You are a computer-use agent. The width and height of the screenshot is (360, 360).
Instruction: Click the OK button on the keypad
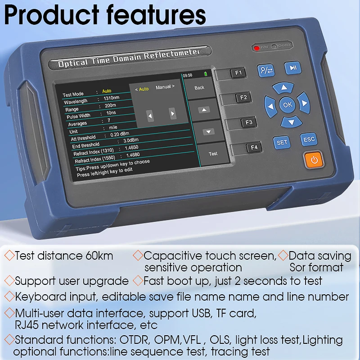click(x=287, y=105)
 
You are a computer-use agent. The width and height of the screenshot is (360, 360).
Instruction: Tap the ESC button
click(x=309, y=139)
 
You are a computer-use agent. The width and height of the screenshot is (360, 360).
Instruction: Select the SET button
click(x=282, y=142)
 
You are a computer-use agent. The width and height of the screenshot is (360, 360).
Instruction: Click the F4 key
click(x=254, y=147)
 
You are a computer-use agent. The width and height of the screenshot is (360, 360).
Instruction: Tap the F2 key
click(x=243, y=97)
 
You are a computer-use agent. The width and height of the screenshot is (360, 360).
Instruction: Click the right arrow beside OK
click(x=304, y=103)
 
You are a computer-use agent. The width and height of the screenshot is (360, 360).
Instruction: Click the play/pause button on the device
click(x=292, y=68)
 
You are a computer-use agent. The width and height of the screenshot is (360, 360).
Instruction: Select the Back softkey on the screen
click(x=199, y=88)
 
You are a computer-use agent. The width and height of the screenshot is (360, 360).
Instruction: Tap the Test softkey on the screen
click(x=213, y=153)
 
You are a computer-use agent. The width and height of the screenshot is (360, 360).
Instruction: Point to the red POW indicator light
click(x=256, y=47)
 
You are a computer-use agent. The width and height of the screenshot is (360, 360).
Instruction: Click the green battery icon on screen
click(x=206, y=74)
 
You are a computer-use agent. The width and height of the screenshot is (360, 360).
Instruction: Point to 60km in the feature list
click(x=99, y=256)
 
